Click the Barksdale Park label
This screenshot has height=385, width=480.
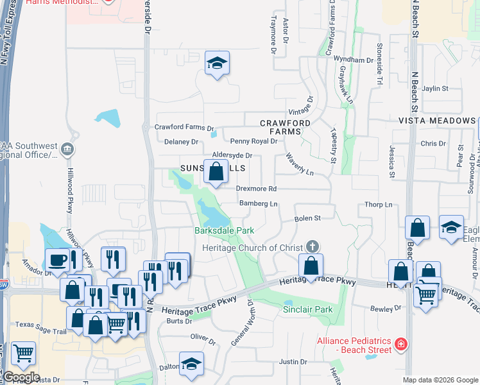point(225,230)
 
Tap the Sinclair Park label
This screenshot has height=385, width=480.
point(308,309)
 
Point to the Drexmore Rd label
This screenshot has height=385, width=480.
point(256,189)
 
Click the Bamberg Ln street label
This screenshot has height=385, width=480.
point(258,204)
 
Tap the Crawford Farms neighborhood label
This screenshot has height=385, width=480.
point(285,127)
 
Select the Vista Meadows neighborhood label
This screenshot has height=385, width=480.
point(436,121)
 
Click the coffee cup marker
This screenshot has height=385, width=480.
point(57,260)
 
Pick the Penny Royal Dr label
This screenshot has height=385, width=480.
point(253,141)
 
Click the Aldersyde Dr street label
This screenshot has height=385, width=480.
point(232,155)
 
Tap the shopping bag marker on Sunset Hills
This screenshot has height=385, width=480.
point(217,172)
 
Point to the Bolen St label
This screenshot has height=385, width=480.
point(307,219)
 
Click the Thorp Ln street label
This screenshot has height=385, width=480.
point(378,205)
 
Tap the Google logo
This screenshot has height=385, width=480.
point(21,377)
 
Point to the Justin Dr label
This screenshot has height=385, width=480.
point(293,362)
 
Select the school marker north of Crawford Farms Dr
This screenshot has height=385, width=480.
point(218,64)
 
